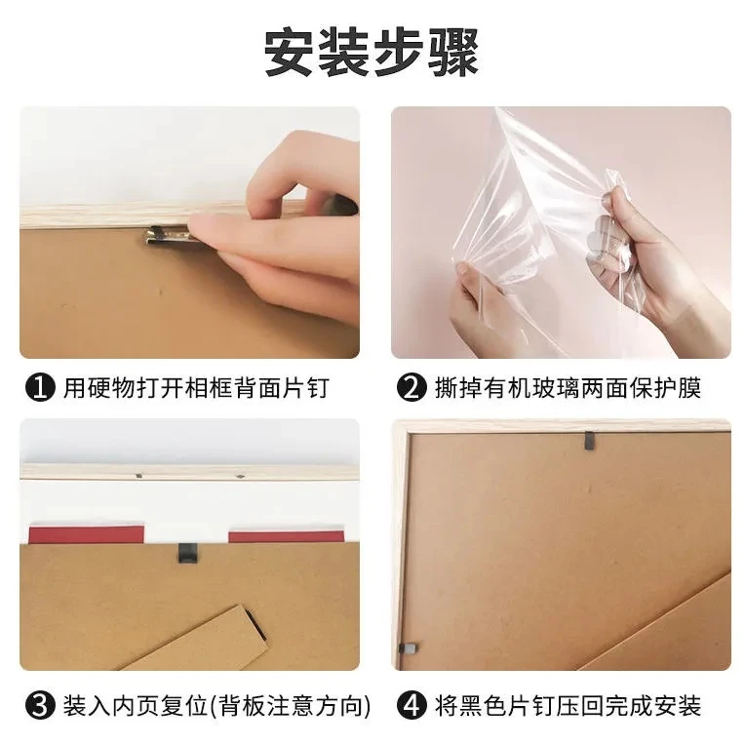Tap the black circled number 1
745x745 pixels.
[40, 387]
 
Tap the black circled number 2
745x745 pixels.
[412, 387]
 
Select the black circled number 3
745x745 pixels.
[40, 705]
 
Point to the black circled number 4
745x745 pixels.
[412, 705]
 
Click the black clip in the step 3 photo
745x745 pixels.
[188, 553]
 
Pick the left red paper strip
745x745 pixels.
[87, 534]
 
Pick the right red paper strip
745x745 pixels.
[286, 537]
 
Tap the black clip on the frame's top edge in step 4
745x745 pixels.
[589, 441]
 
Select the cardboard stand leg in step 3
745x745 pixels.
[200, 639]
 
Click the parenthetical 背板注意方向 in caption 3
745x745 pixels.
[290, 706]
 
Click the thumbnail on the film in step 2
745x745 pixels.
[461, 270]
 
